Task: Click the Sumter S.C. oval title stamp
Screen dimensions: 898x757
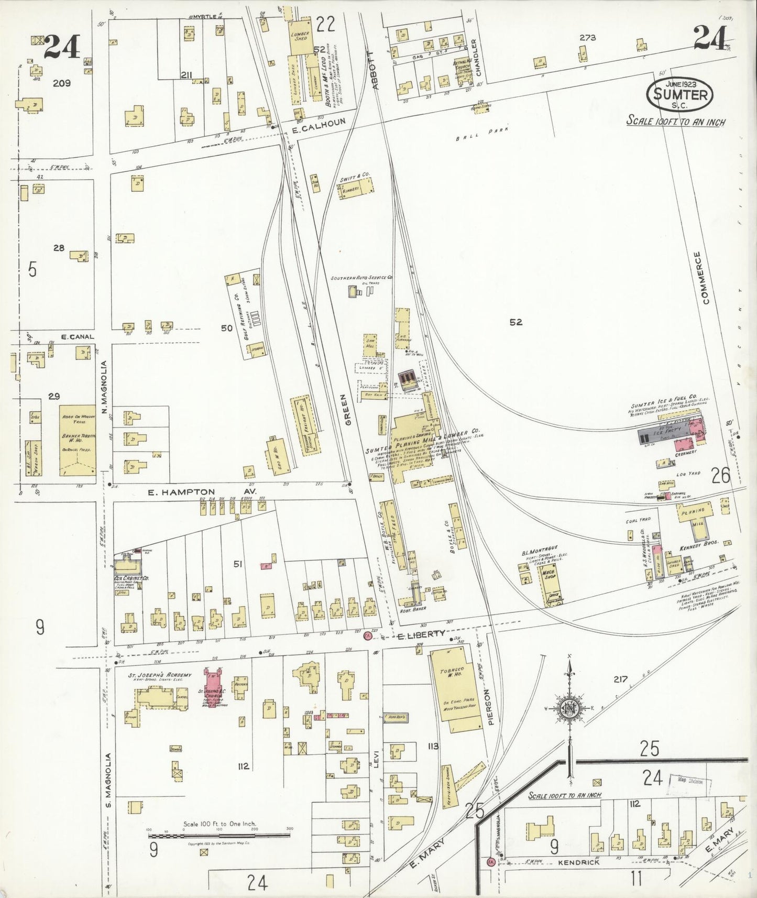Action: coord(680,95)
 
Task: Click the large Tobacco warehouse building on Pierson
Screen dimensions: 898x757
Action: coord(454,686)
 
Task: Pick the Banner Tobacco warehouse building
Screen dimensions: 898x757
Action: coord(77,440)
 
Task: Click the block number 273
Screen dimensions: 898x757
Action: coord(588,38)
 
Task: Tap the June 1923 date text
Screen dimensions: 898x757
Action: coord(680,84)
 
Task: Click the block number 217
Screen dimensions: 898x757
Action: coord(620,679)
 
